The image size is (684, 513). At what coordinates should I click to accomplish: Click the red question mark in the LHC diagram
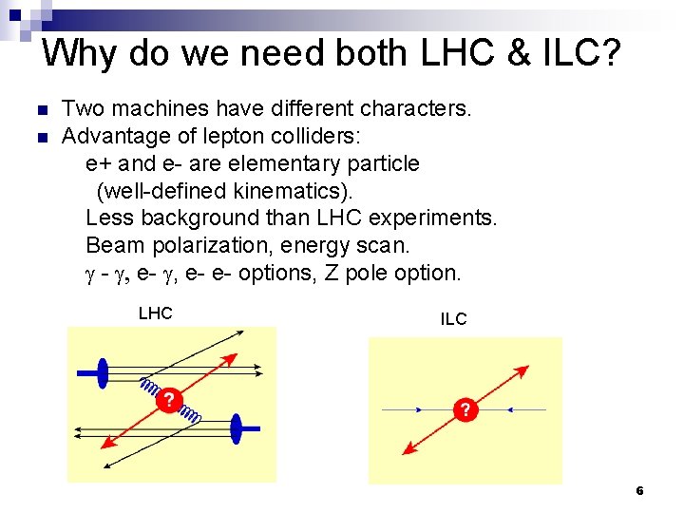[x=168, y=400]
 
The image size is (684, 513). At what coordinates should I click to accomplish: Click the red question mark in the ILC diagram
[x=465, y=410]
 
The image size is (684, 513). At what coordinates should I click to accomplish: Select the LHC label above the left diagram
[x=155, y=313]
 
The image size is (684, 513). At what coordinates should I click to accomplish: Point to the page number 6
[x=639, y=491]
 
